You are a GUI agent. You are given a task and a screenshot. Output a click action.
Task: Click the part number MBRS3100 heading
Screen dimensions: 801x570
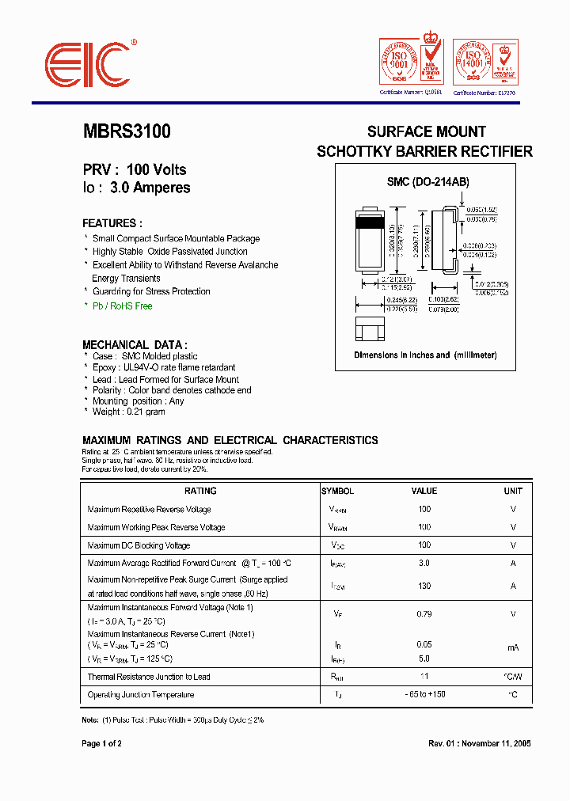pyautogui.click(x=127, y=132)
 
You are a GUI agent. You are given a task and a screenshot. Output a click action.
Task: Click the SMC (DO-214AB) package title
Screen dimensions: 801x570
pyautogui.click(x=427, y=182)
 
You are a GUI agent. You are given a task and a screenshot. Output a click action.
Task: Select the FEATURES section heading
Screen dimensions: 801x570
pyautogui.click(x=112, y=223)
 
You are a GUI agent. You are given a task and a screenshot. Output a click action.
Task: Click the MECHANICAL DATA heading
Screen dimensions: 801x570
pyautogui.click(x=135, y=344)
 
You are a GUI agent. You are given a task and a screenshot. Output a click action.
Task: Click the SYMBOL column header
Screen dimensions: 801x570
pyautogui.click(x=338, y=491)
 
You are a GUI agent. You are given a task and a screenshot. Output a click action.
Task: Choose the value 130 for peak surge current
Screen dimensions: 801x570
pyautogui.click(x=424, y=586)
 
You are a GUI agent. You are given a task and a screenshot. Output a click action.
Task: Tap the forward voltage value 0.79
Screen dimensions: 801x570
pyautogui.click(x=424, y=613)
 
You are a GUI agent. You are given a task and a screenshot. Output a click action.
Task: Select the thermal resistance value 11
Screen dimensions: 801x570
pyautogui.click(x=424, y=677)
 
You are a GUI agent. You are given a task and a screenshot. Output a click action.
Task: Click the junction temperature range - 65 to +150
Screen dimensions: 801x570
pyautogui.click(x=424, y=695)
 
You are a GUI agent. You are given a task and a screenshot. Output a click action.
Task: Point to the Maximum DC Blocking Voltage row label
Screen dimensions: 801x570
pyautogui.click(x=139, y=545)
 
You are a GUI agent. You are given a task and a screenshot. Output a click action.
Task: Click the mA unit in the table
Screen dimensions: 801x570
pyautogui.click(x=513, y=647)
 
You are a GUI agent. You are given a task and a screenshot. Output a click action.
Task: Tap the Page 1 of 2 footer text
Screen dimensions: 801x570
pyautogui.click(x=102, y=744)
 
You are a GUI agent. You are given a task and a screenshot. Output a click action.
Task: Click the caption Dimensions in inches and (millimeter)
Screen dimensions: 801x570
pyautogui.click(x=425, y=355)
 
